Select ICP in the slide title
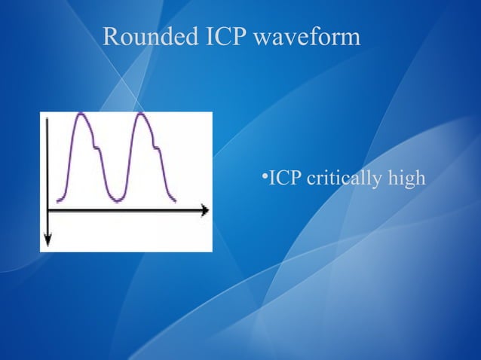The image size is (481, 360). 219,37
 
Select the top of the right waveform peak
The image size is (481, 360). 142,114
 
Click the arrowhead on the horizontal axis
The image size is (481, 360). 205,211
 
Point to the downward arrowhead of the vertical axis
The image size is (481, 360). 47,241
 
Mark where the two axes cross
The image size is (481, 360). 47,211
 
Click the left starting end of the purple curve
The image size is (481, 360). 58,201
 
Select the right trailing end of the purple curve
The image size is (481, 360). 176,201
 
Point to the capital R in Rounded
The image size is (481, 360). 110,37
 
